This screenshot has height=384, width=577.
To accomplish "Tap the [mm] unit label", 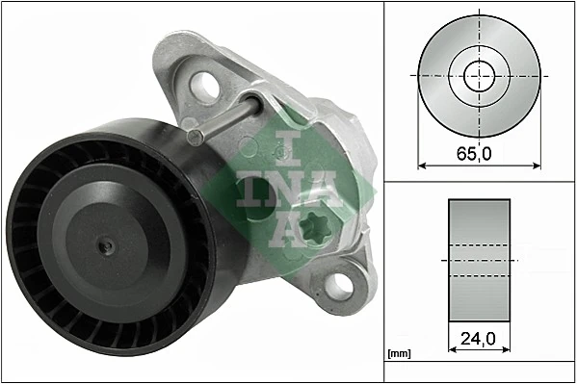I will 399,354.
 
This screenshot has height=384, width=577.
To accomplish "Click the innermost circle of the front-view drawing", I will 479,75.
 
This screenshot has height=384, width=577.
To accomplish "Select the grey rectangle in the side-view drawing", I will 480,260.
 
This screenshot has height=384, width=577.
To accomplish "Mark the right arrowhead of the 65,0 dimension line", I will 537,166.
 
